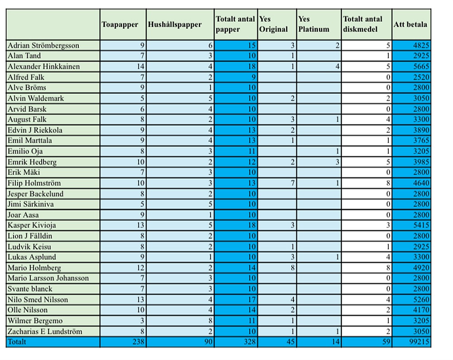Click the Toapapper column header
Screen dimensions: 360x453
120,24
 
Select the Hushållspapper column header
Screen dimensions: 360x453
174,24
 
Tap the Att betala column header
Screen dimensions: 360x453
410,24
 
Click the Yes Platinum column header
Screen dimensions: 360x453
313,24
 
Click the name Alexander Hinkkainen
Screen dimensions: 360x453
43,67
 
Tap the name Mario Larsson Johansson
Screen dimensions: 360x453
48,278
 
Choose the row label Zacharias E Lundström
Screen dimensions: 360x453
45,331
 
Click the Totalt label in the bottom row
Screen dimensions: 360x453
17,342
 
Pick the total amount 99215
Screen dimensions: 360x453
420,342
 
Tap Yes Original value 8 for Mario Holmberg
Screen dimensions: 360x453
292,268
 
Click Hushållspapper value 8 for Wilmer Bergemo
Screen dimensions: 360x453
210,321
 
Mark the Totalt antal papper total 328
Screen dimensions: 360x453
249,342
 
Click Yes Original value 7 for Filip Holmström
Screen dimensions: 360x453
292,183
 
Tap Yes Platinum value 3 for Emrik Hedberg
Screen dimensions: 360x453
337,162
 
